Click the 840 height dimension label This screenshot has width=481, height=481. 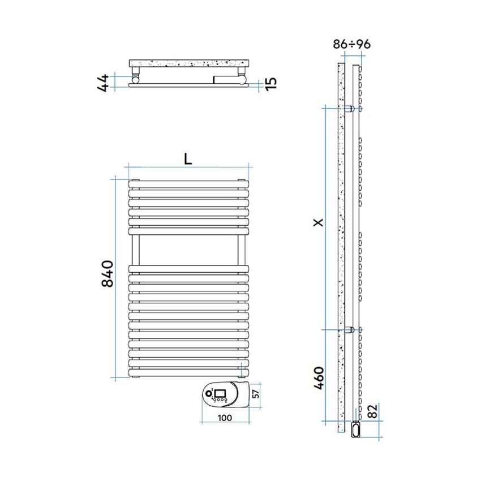point(108,274)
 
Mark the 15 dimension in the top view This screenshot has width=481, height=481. point(271,83)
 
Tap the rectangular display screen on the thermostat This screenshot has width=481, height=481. point(220,392)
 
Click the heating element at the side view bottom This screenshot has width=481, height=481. point(355,428)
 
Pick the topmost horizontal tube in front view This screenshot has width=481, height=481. point(188,184)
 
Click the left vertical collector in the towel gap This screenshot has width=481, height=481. point(136,250)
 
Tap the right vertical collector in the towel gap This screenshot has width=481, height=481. point(241,250)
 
